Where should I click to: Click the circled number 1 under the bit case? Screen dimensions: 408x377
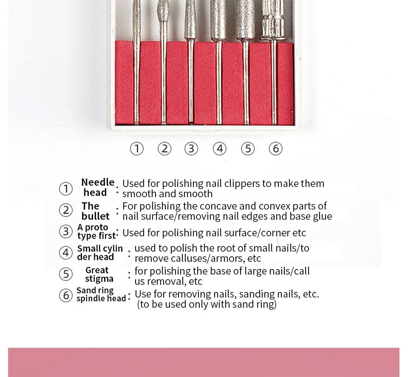pyautogui.click(x=136, y=149)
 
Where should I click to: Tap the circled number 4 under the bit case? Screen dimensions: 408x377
pyautogui.click(x=220, y=149)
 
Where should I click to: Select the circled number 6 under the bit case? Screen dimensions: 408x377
pyautogui.click(x=275, y=149)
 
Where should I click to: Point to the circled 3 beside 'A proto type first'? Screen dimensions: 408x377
pyautogui.click(x=66, y=231)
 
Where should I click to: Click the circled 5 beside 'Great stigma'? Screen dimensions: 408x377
pyautogui.click(x=66, y=274)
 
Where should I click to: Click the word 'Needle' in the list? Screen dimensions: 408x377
pyautogui.click(x=98, y=182)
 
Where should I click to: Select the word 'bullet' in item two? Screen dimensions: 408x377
pyautogui.click(x=95, y=216)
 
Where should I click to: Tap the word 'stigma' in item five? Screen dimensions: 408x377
pyautogui.click(x=99, y=279)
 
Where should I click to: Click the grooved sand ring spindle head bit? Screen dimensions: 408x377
pyautogui.click(x=273, y=20)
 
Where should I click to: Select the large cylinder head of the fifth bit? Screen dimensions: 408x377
pyautogui.click(x=245, y=19)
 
